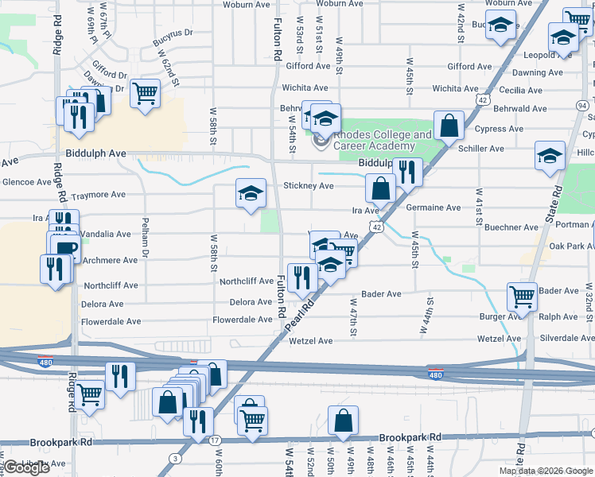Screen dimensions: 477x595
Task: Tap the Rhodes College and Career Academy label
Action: tap(378, 140)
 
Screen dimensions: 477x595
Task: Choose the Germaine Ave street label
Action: tap(433, 208)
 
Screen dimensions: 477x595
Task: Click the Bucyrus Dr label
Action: tap(177, 33)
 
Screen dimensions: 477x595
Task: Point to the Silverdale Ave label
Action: tap(566, 339)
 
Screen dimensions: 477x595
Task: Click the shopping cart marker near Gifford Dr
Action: tap(146, 92)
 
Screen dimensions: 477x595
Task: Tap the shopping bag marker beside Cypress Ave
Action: tap(449, 125)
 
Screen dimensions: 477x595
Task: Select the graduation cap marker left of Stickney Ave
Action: tap(251, 192)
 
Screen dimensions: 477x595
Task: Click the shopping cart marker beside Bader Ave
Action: tap(523, 297)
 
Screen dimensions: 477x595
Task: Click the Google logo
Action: tap(26, 467)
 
